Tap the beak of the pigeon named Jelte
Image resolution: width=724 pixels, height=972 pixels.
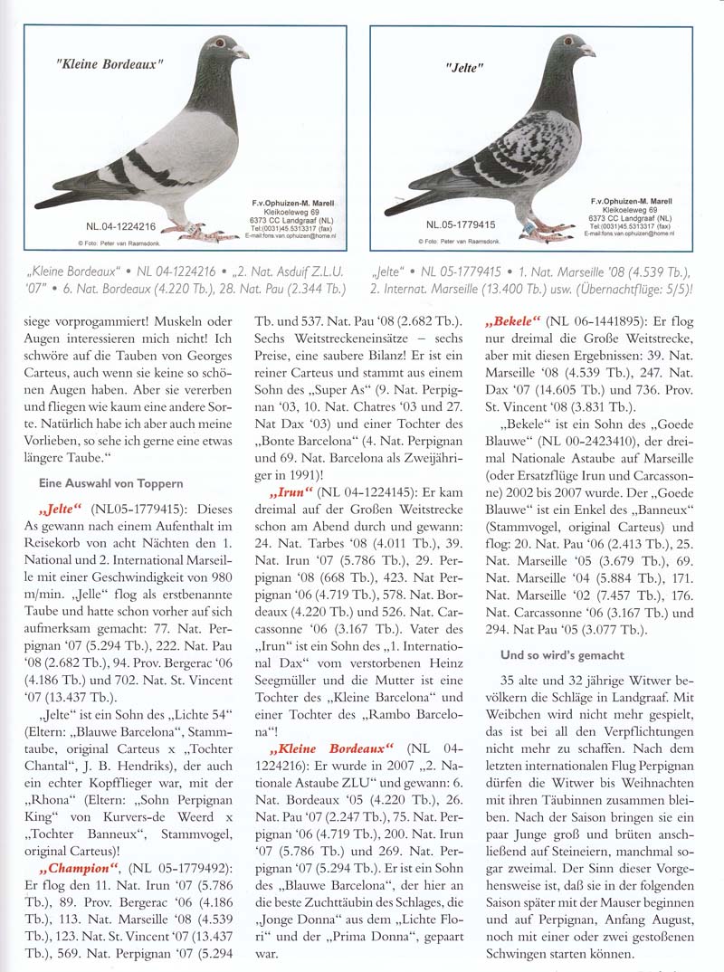coord(588,51)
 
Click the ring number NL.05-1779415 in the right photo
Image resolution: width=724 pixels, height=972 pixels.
coord(461,224)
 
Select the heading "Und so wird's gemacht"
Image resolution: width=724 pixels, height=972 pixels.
coord(562,654)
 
